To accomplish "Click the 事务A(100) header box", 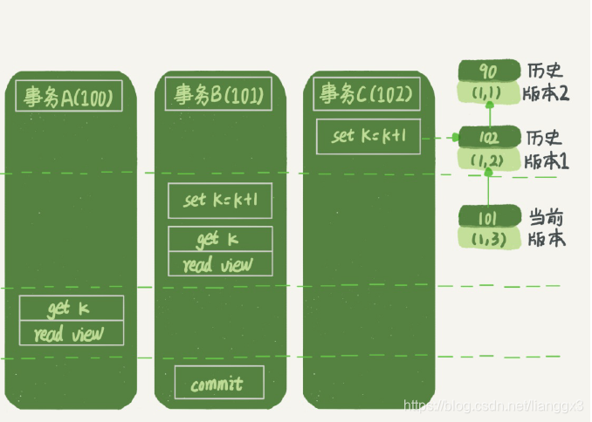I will coord(69,96).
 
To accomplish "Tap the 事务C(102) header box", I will coord(367,94).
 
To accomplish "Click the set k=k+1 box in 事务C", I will coord(368,136).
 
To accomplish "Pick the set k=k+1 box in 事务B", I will coord(219,201).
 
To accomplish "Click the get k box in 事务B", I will coord(219,239).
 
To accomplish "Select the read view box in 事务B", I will coord(219,264).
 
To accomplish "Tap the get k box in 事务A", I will coord(72,309).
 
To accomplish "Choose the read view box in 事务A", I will coord(72,333).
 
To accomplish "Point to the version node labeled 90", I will coord(489,71).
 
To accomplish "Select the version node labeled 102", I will coord(489,138).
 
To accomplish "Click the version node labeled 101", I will coord(489,217).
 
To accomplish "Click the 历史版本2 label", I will coord(546,81).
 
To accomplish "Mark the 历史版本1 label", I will coord(546,149).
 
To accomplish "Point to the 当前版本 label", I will coord(546,228).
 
